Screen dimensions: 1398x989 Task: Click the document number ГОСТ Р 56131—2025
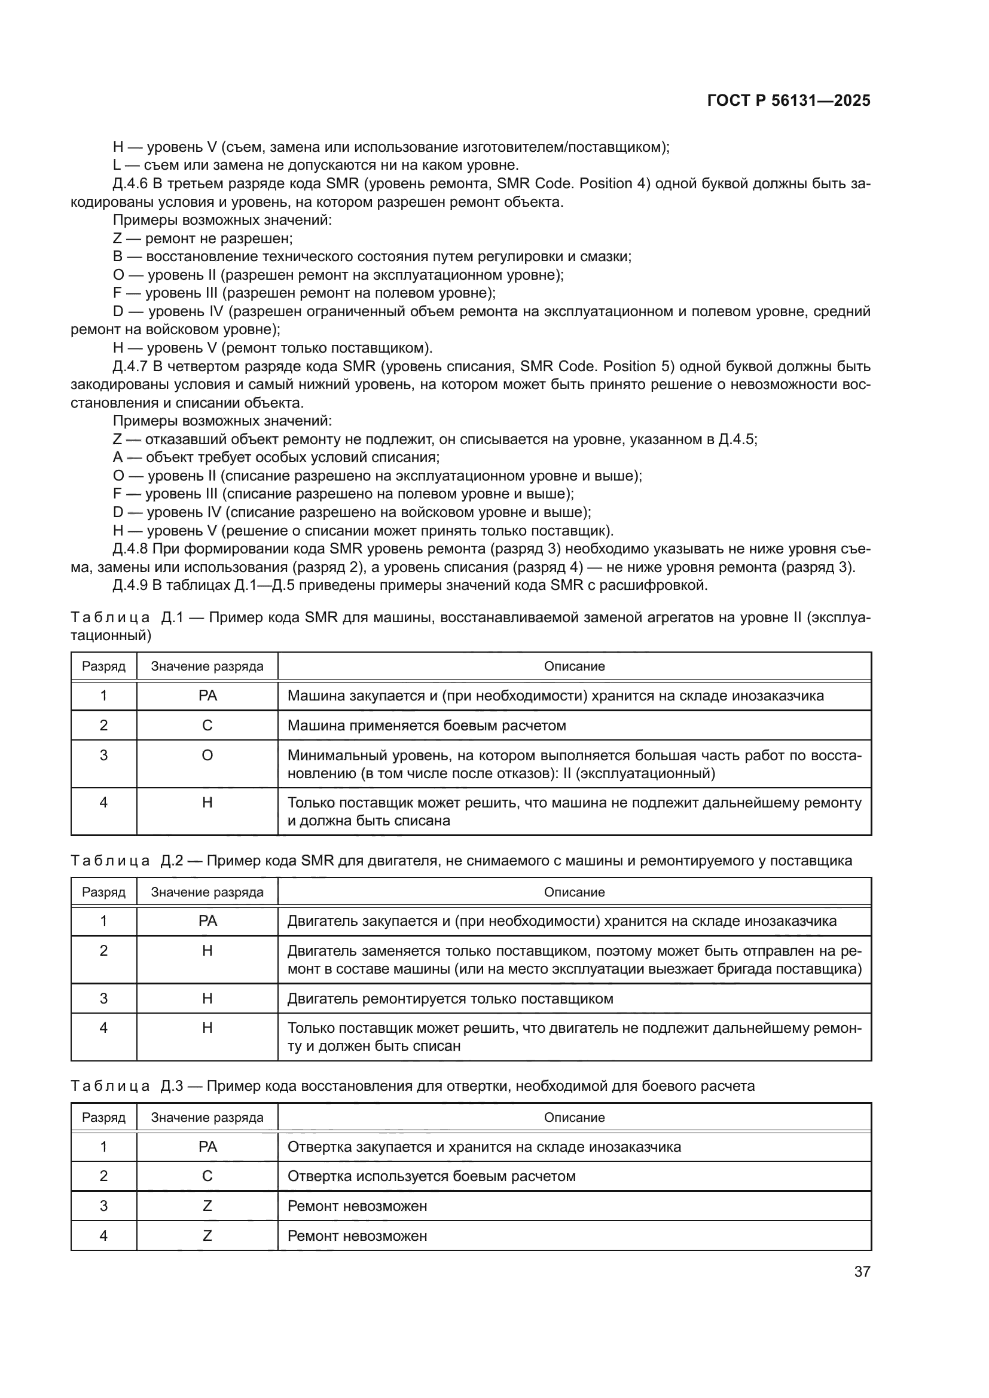click(x=789, y=101)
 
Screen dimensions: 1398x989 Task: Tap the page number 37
click(x=862, y=1271)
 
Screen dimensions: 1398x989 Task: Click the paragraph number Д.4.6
click(x=130, y=184)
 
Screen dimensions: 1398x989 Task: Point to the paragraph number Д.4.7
click(x=130, y=366)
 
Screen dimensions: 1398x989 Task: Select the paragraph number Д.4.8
click(x=130, y=549)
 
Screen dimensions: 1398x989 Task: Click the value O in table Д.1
click(x=207, y=755)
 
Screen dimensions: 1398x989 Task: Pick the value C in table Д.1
click(x=207, y=726)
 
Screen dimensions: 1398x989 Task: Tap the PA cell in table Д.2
click(x=207, y=921)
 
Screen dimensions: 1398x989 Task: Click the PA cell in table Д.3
click(x=207, y=1147)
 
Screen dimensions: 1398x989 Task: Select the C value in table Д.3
click(x=207, y=1176)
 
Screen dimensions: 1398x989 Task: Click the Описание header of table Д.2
click(x=574, y=892)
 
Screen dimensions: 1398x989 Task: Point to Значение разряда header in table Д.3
click(x=207, y=1118)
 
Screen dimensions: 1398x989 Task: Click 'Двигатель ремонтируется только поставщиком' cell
click(x=450, y=999)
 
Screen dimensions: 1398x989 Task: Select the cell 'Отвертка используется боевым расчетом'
click(x=431, y=1176)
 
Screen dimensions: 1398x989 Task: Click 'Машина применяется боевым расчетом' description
click(x=426, y=726)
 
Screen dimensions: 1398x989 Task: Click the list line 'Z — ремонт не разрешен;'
click(x=203, y=238)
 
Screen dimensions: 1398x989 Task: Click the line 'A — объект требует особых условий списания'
click(x=276, y=457)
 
